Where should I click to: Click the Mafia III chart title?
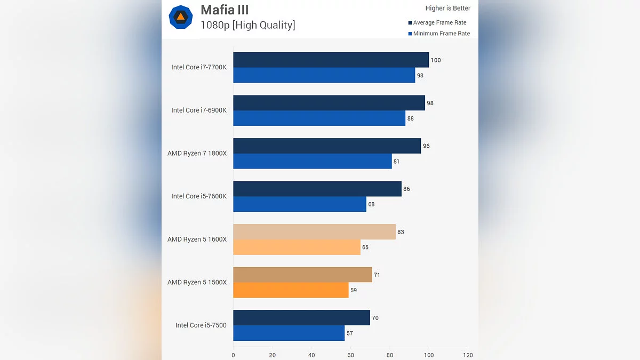pyautogui.click(x=225, y=10)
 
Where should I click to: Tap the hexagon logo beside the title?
pyautogui.click(x=180, y=17)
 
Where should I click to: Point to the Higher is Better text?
pyautogui.click(x=447, y=8)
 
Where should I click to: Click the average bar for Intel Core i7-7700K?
pyautogui.click(x=331, y=60)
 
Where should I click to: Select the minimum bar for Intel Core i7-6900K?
pyautogui.click(x=319, y=118)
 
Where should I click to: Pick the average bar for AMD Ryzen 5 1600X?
pyautogui.click(x=314, y=231)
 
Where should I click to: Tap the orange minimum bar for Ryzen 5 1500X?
pyautogui.click(x=291, y=290)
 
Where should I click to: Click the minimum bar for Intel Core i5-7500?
pyautogui.click(x=289, y=333)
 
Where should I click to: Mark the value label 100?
pyautogui.click(x=436, y=60)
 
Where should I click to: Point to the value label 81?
pyautogui.click(x=396, y=162)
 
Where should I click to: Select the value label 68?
pyautogui.click(x=371, y=204)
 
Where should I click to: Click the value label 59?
pyautogui.click(x=354, y=291)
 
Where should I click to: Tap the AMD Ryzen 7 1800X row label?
pyautogui.click(x=197, y=154)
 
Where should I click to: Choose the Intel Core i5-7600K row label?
pyautogui.click(x=198, y=196)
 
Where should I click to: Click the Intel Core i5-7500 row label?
pyautogui.click(x=201, y=325)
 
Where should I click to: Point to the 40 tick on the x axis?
pyautogui.click(x=311, y=355)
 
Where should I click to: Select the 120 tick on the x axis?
pyautogui.click(x=468, y=355)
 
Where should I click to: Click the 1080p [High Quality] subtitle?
pyautogui.click(x=247, y=25)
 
